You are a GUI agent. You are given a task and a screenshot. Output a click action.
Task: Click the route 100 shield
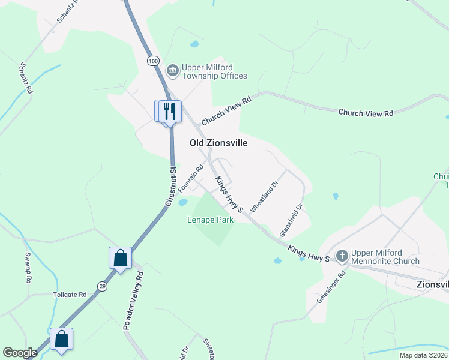[x=153, y=61]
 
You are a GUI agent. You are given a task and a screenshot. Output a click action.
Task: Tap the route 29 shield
[x=103, y=287]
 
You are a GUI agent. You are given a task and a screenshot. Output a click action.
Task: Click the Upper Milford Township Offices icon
[x=172, y=71]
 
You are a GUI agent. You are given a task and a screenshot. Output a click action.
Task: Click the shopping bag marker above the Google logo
[x=61, y=339]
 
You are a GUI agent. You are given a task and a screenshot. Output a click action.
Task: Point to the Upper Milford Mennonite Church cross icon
[x=342, y=256]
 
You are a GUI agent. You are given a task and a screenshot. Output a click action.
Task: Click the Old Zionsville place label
[x=218, y=143]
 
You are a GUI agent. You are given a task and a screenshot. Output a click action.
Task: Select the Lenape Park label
[x=209, y=220]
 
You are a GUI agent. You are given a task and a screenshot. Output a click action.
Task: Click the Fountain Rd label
[x=191, y=175]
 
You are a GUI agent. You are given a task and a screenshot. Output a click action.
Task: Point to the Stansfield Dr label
[x=291, y=219]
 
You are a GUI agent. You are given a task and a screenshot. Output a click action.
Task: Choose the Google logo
[x=20, y=353]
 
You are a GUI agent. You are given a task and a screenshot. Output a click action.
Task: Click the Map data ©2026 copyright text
[x=423, y=355]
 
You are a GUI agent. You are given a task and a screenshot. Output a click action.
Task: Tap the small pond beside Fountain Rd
[x=182, y=202]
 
